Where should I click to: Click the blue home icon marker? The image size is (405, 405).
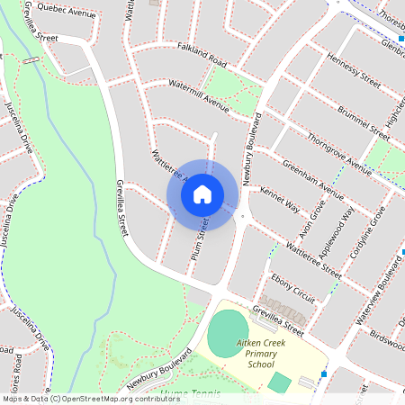pyautogui.click(x=202, y=193)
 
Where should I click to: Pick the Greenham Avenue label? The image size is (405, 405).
pyautogui.click(x=313, y=179)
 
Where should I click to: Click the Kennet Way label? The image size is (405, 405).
pyautogui.click(x=279, y=201)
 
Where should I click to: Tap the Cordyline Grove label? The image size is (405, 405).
pyautogui.click(x=374, y=231)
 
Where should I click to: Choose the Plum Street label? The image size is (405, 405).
pyautogui.click(x=202, y=236)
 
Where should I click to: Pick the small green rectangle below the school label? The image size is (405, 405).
pyautogui.click(x=279, y=382)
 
